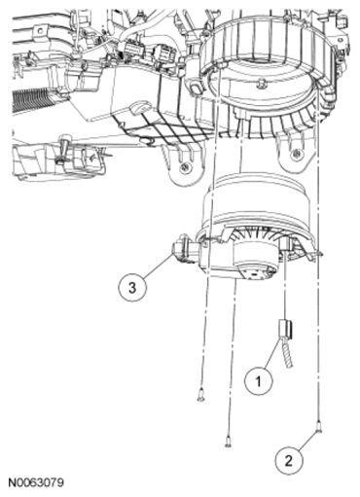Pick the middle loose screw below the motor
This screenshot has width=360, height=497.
[227, 440]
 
